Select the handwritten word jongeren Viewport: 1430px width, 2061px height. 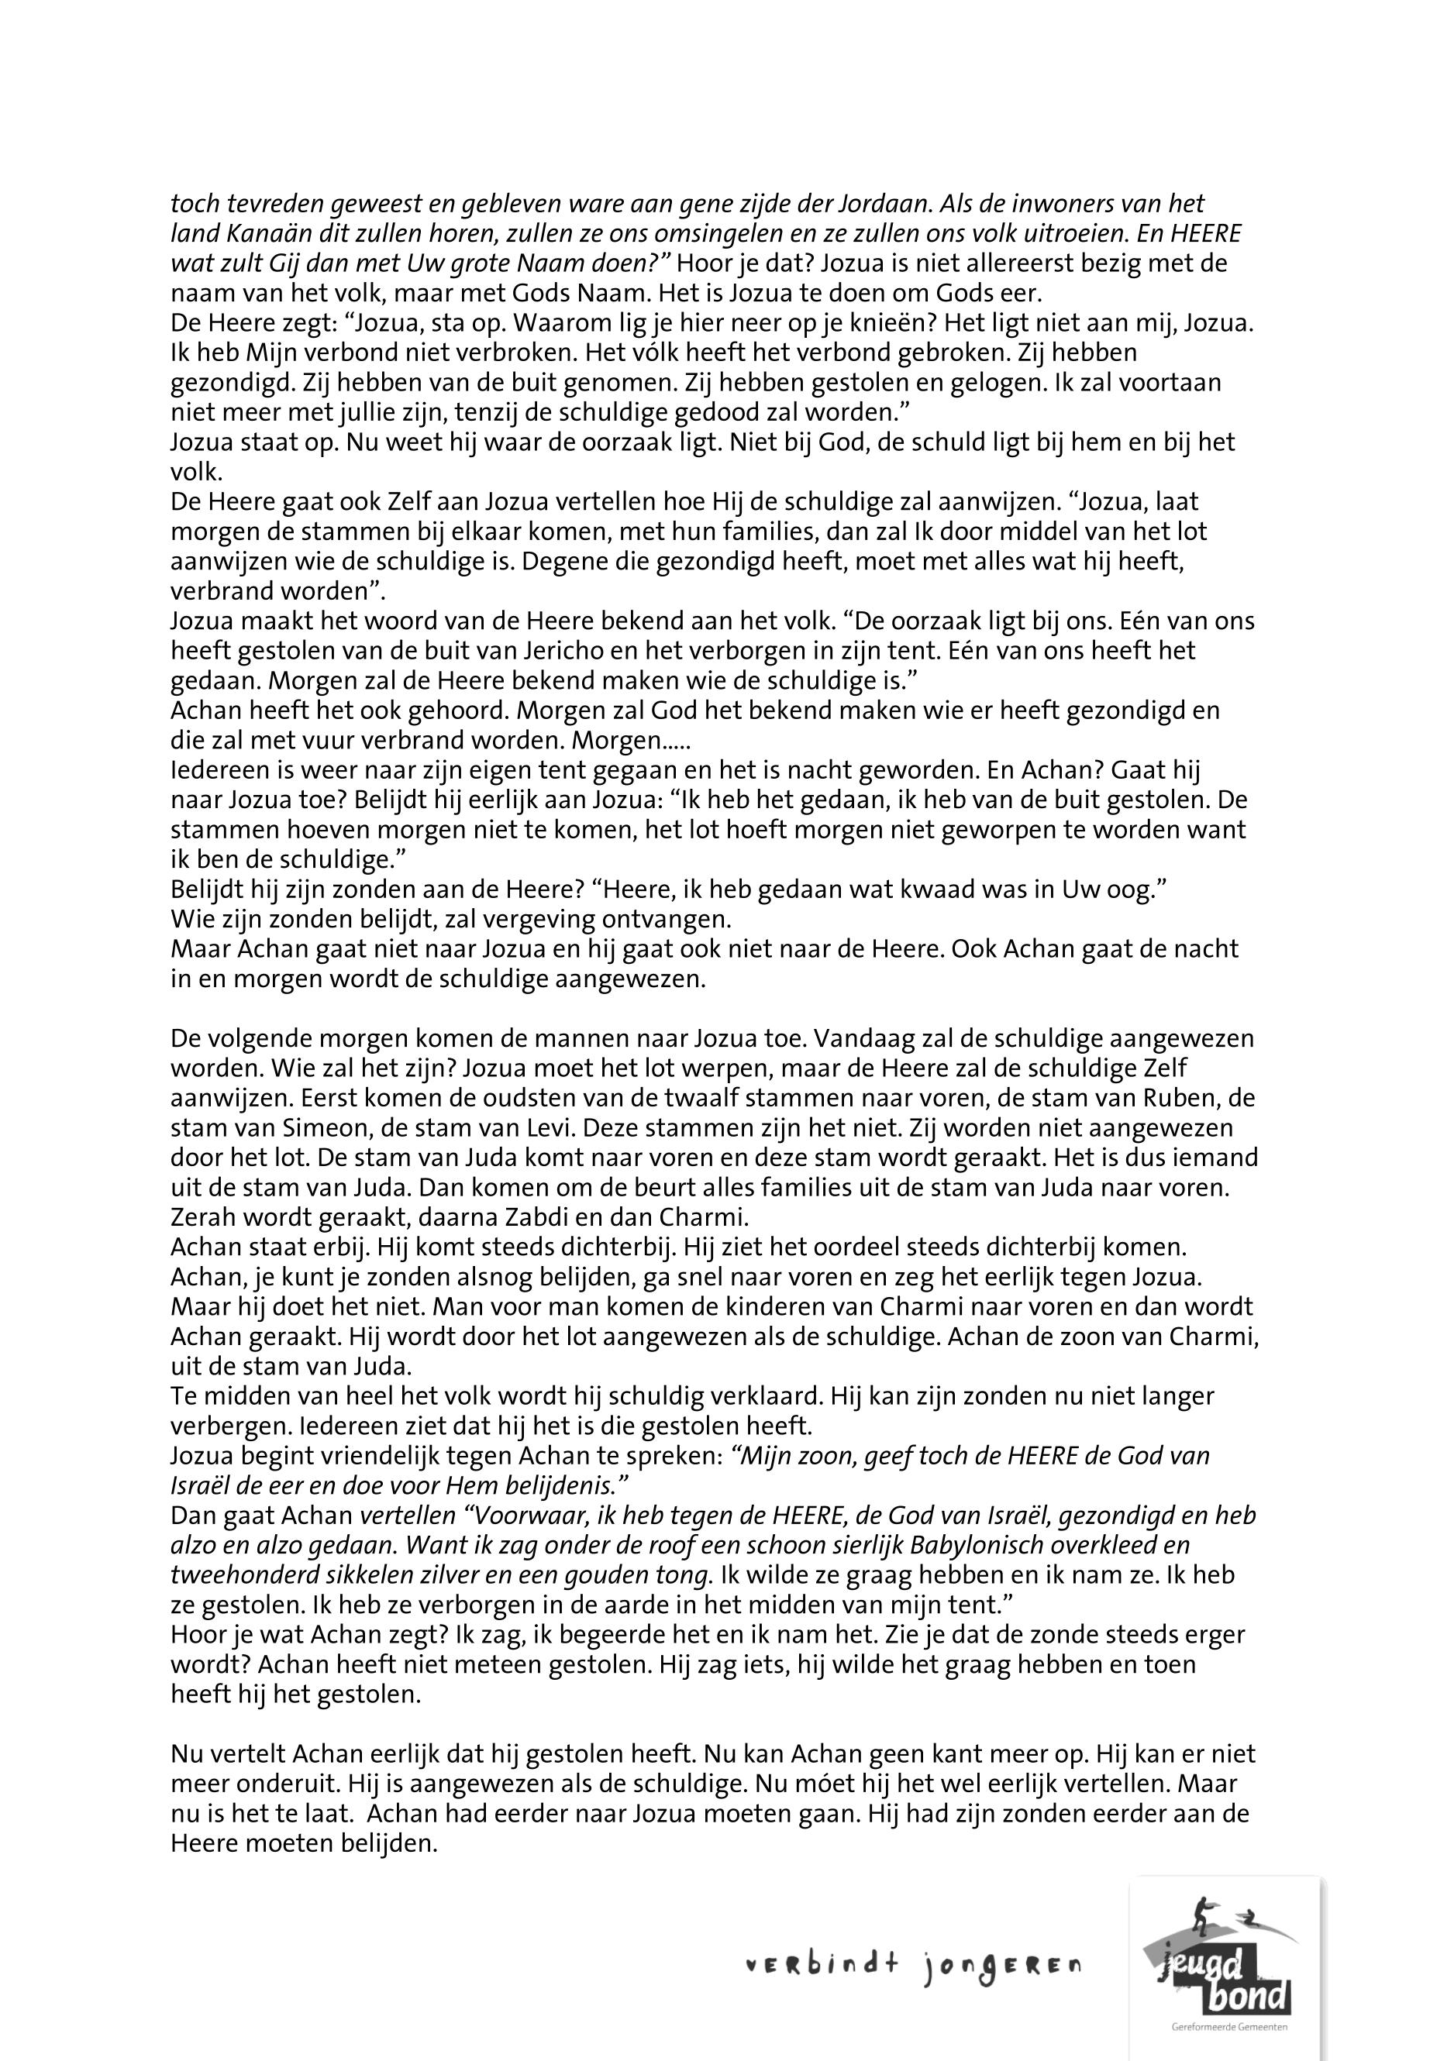point(1000,1967)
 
